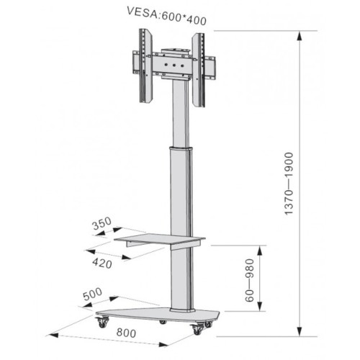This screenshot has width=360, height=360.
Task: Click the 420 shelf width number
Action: (102, 263)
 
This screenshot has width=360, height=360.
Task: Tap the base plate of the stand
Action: (158, 315)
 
